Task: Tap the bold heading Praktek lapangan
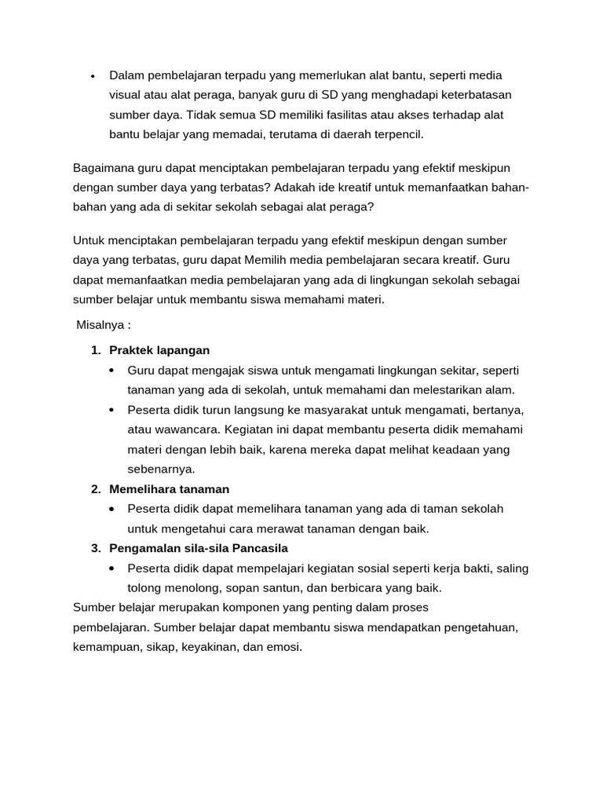click(159, 350)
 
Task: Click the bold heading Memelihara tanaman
click(169, 488)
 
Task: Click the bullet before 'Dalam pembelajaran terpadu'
click(93, 76)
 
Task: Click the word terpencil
click(397, 134)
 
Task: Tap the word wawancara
click(186, 429)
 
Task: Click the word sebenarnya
click(161, 469)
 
